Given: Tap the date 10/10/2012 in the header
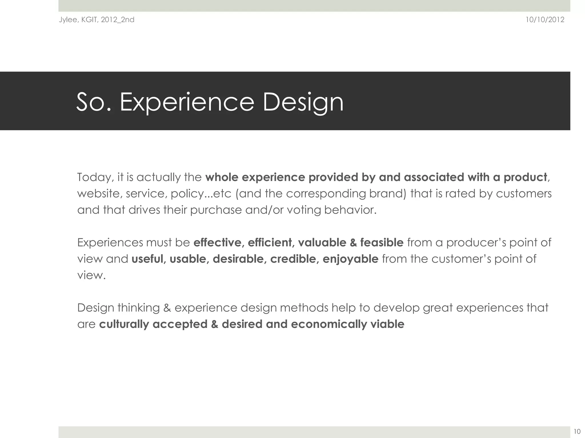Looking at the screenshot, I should pos(545,20).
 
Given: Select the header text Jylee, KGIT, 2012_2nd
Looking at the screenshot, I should pos(97,20).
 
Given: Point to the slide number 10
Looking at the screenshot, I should pos(577,431).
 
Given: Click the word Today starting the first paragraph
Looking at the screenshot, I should pos(93,177).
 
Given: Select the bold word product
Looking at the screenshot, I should pos(525,177).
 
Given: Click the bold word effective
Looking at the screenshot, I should pos(217,243).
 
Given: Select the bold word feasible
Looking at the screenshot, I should pos(382,243).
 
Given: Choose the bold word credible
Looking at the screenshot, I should pos(293,259).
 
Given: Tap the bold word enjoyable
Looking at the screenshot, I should pos(350,259).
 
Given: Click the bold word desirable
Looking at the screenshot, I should pos(238,259).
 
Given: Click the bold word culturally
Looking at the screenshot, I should pos(124,324).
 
